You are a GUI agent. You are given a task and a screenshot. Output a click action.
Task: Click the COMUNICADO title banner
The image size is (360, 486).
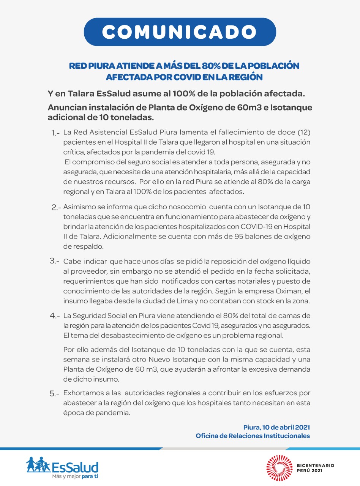click(180, 32)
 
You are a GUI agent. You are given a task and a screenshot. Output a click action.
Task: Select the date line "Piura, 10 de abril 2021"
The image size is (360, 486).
click(276, 428)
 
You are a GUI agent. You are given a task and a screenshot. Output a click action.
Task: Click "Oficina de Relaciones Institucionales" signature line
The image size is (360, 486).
click(253, 436)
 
